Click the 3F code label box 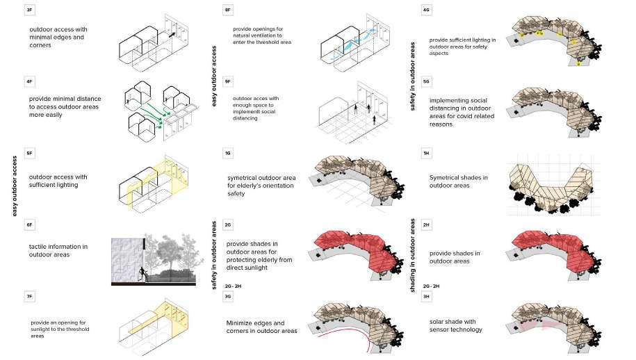(29, 11)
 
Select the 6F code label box (29, 224)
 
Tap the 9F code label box (228, 82)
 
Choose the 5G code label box (426, 82)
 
